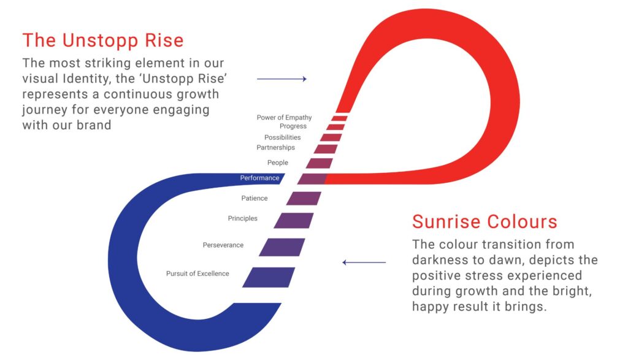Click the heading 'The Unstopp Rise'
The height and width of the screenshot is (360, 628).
click(103, 40)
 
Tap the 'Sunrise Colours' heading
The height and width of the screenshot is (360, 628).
click(484, 221)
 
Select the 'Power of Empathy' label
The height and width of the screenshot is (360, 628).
click(284, 117)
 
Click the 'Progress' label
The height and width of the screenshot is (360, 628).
click(293, 126)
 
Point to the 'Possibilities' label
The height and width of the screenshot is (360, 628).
click(282, 137)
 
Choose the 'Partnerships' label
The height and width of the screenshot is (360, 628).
click(275, 147)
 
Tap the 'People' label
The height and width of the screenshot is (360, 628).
click(278, 163)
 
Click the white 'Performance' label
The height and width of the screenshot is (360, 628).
click(259, 178)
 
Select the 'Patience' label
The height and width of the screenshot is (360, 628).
click(255, 198)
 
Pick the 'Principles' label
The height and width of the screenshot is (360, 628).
click(242, 218)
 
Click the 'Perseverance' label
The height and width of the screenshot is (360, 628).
click(223, 245)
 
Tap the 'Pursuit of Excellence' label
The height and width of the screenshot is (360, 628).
click(197, 274)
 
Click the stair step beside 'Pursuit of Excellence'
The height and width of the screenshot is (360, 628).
click(269, 277)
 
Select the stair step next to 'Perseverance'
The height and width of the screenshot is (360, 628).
click(282, 247)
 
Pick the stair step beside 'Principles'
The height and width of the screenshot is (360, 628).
click(294, 221)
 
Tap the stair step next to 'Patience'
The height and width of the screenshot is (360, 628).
click(304, 198)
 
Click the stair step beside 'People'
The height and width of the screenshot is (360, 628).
click(319, 163)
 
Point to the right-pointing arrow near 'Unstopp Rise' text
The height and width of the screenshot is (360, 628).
click(281, 79)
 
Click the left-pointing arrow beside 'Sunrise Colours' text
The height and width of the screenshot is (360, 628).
click(364, 262)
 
